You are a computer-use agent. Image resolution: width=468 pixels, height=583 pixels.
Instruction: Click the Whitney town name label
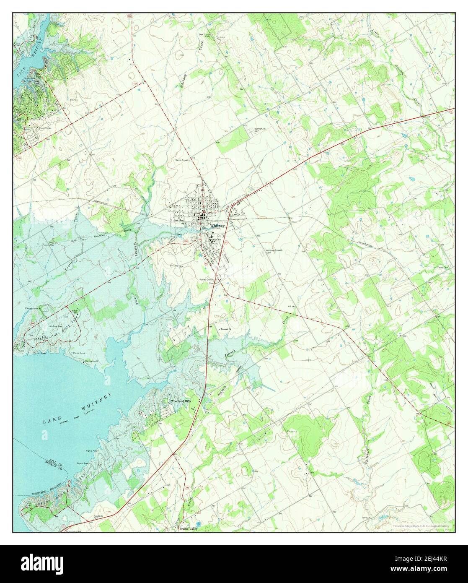tap(218, 226)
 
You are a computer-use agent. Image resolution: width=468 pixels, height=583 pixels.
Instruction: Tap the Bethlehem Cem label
tap(258, 130)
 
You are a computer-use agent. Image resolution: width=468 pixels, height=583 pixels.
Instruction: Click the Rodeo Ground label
tap(207, 279)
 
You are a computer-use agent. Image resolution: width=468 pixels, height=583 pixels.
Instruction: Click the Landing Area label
tap(55, 326)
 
